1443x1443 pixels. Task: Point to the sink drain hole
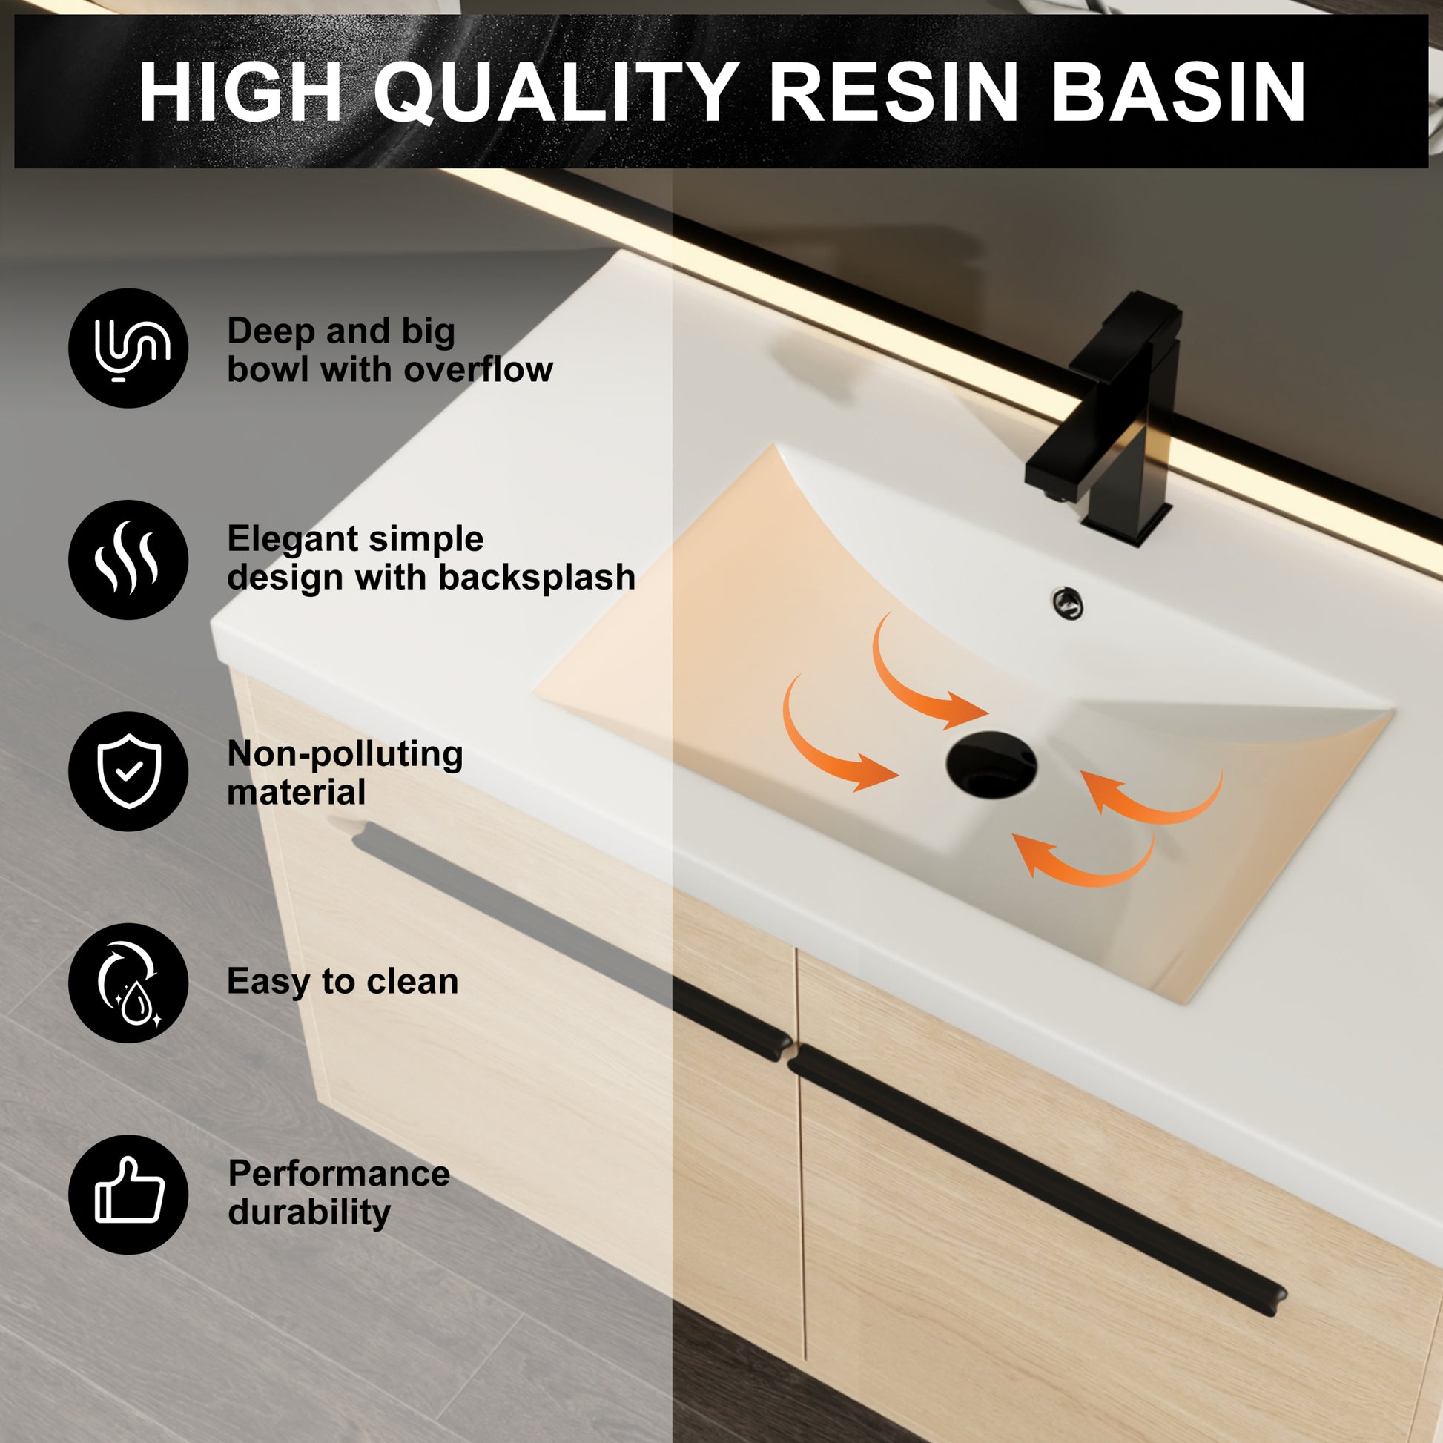[x=991, y=764]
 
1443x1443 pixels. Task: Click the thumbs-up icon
[x=128, y=1195]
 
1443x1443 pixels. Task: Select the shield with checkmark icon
[x=128, y=770]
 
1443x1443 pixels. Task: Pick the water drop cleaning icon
[x=128, y=983]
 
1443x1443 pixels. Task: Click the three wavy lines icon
[x=128, y=559]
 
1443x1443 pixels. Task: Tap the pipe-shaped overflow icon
[x=128, y=348]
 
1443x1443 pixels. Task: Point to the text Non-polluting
[x=344, y=754]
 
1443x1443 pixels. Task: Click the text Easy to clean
[x=342, y=982]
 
